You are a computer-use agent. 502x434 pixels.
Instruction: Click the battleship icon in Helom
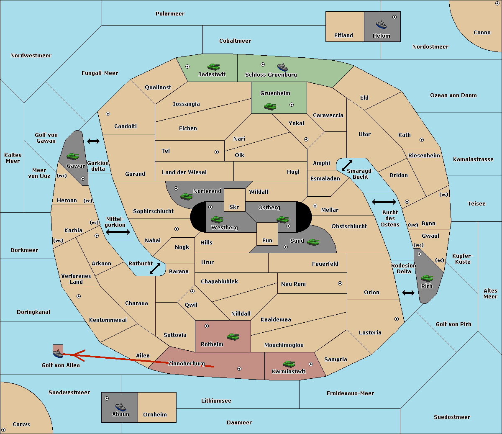381,24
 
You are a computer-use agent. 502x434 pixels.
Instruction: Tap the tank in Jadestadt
214,67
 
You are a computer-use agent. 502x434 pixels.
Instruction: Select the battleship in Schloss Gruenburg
282,67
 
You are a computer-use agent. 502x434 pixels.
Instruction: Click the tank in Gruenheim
270,106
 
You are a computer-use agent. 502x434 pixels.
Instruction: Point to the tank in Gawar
73,156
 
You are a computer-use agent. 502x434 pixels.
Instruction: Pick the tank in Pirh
427,278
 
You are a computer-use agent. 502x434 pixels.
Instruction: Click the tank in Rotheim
233,336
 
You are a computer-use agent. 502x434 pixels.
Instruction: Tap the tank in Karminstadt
289,364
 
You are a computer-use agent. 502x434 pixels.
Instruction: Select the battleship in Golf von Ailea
58,354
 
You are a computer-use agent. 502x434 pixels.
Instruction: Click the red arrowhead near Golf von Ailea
79,355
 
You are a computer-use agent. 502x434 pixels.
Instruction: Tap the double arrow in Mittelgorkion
118,232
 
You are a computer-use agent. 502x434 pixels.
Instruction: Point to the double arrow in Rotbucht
155,268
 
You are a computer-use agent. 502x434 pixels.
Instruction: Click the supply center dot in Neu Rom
340,283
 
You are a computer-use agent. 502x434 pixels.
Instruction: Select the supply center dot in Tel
217,152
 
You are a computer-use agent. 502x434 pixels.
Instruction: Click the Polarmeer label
170,14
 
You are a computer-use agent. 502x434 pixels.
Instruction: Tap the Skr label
234,207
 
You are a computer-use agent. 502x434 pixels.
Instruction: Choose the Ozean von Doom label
453,95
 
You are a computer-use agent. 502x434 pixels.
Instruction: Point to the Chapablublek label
219,281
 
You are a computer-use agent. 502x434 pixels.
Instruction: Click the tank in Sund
313,242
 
